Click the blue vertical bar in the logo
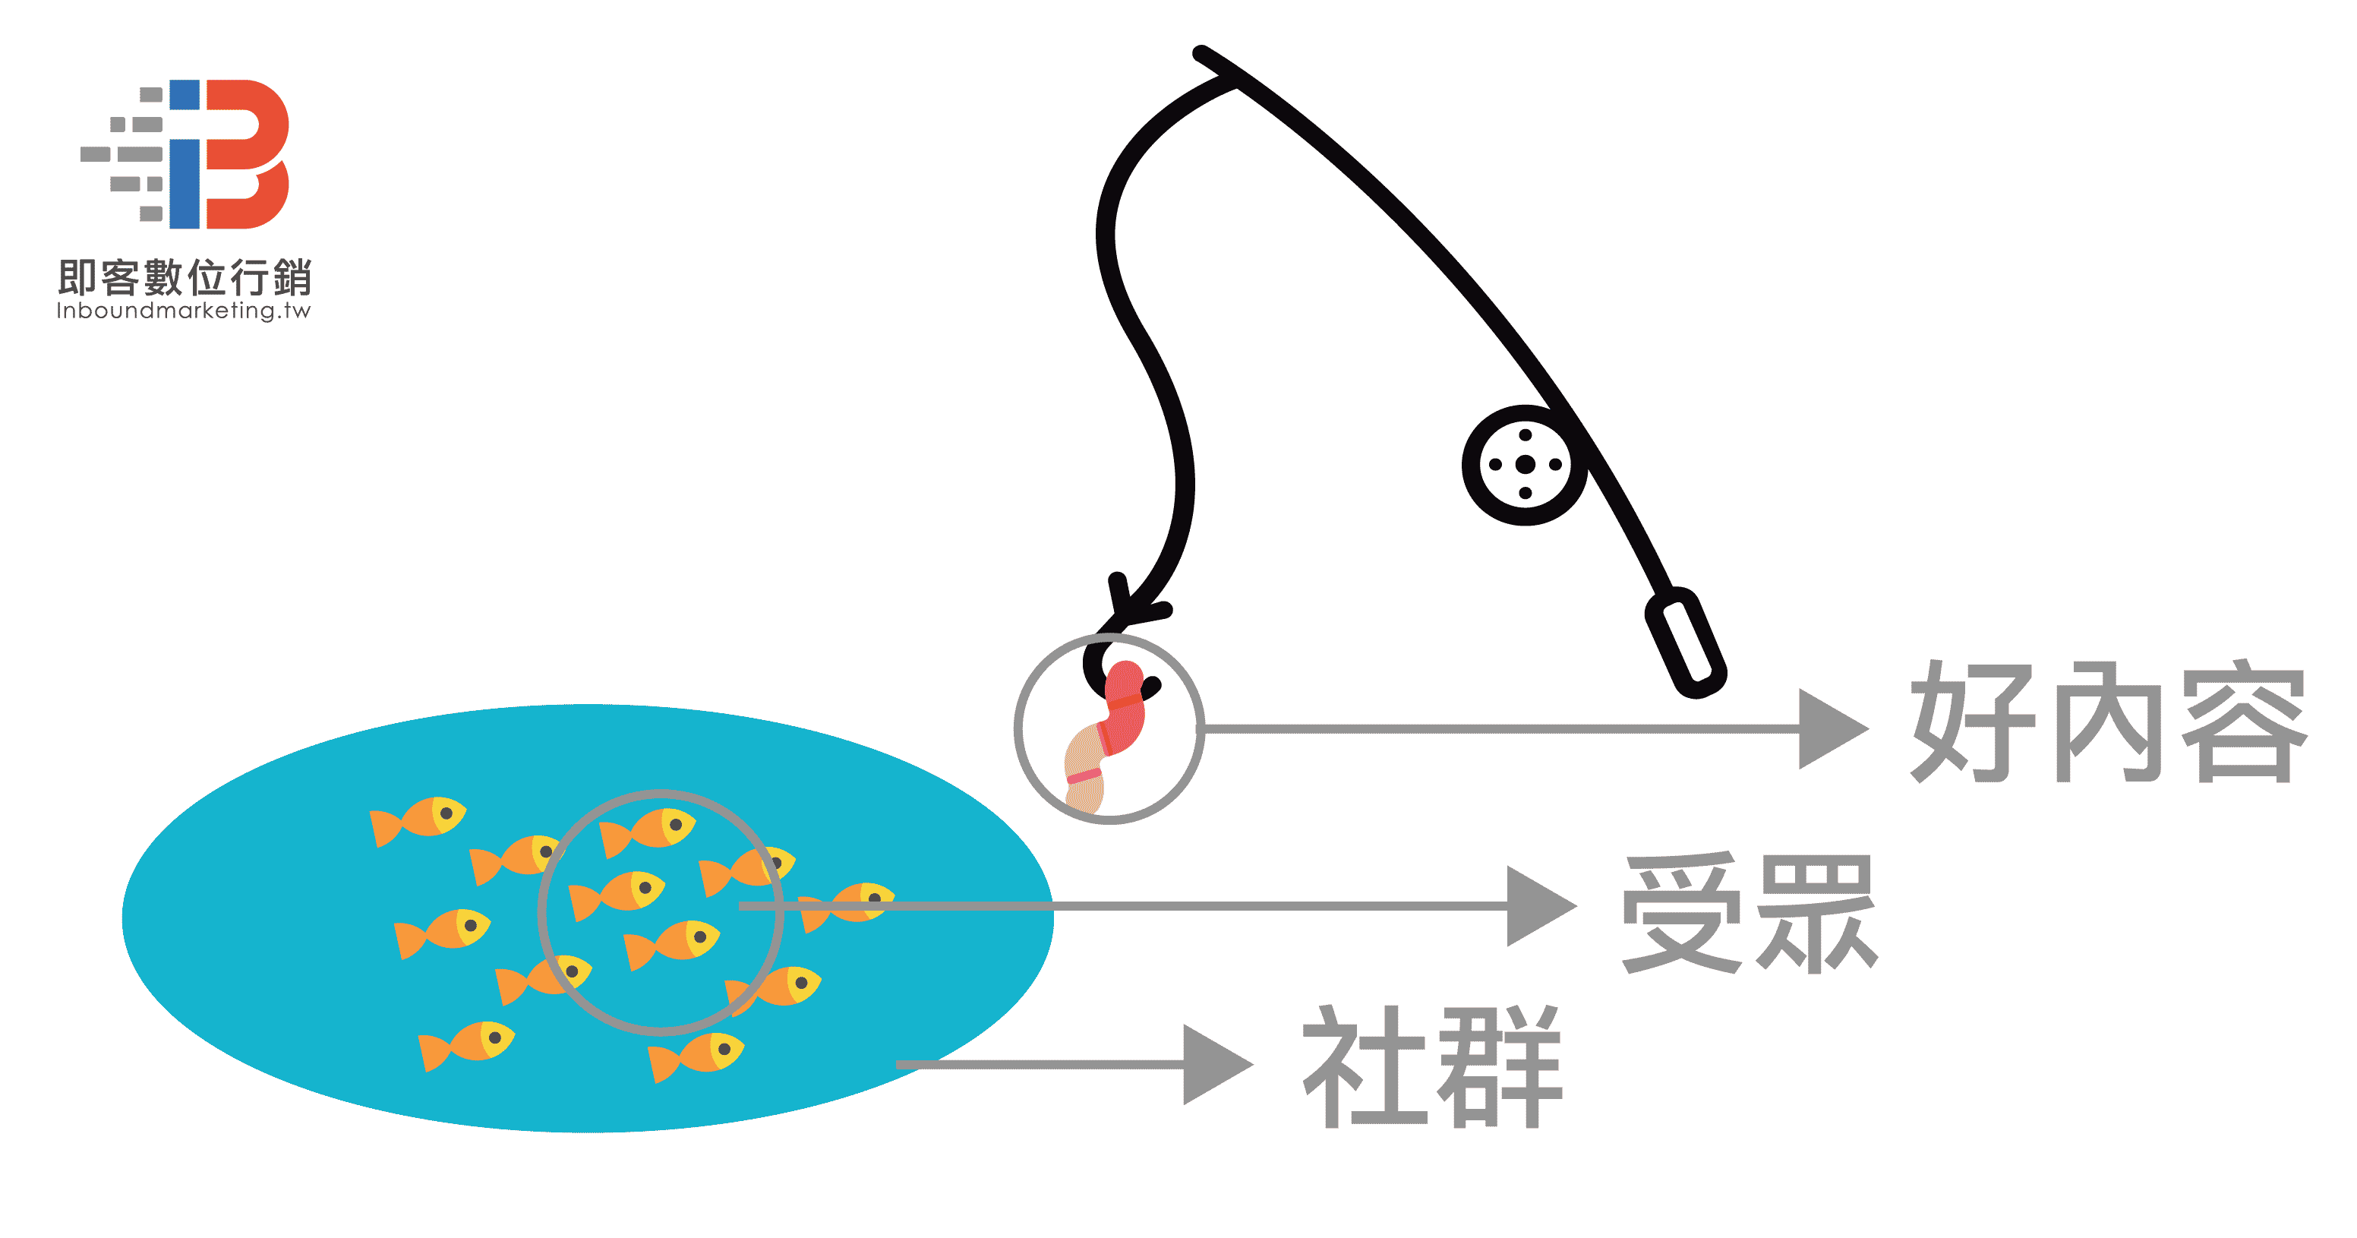(x=185, y=153)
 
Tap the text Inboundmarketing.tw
(x=184, y=311)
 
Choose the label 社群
(x=1432, y=1067)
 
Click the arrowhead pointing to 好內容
(x=1830, y=728)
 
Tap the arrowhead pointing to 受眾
(x=1539, y=906)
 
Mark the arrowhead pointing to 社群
(x=1215, y=1064)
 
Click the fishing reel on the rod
(x=1524, y=465)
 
